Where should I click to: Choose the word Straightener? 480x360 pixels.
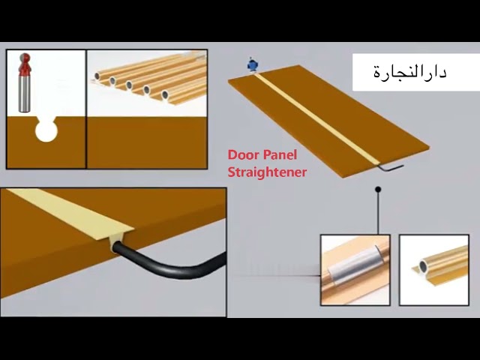click(267, 172)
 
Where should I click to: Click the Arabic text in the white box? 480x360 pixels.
click(410, 73)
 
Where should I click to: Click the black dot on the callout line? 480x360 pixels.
click(378, 190)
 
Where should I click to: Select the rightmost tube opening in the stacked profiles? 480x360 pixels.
click(164, 95)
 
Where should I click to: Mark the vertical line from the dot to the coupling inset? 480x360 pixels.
click(378, 214)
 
